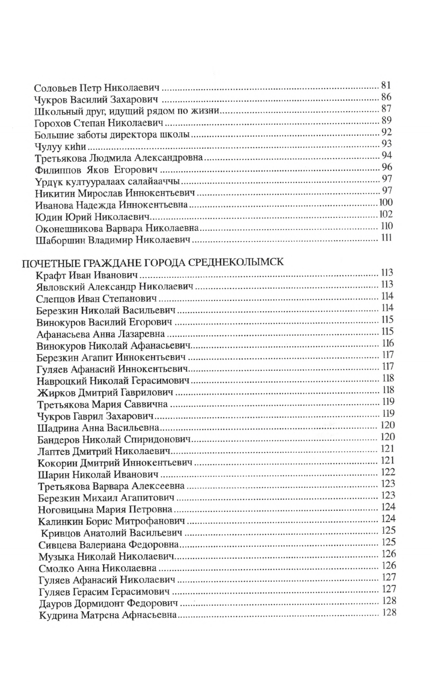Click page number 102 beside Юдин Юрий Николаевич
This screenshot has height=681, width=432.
click(386, 215)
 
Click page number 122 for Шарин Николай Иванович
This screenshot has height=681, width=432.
click(388, 471)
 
